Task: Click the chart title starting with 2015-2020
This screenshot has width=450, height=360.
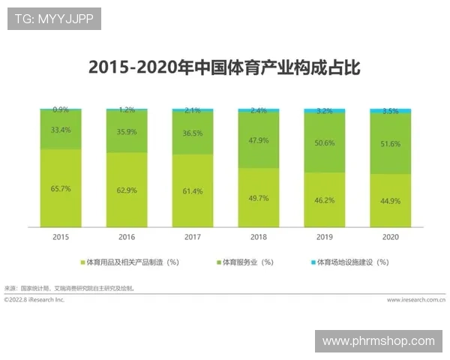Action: pos(224,67)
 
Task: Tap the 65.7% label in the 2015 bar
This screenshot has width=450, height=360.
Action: pos(61,189)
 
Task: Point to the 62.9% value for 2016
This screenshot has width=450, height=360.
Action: pos(127,191)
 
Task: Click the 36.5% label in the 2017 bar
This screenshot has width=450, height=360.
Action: pos(193,133)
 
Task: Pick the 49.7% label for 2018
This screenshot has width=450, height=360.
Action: pos(258,198)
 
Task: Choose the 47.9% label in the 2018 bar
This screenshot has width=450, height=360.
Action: pos(258,140)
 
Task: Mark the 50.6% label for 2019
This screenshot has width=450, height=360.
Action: pos(324,142)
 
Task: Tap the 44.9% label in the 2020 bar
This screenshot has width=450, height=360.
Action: pos(390,201)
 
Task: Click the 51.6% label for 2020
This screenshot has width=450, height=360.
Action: pos(390,143)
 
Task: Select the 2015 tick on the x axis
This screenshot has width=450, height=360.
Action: pos(61,236)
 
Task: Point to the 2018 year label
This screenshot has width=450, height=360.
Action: pos(258,236)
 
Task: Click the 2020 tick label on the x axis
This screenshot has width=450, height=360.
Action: pos(390,236)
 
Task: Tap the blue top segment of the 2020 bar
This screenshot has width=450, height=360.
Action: pos(390,111)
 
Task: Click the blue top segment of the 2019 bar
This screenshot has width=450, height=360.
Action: pos(324,111)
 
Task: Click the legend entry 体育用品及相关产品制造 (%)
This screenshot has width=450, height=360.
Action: pos(132,262)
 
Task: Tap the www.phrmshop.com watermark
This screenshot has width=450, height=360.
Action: pos(378,341)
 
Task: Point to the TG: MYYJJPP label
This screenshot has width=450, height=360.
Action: pos(53,19)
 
